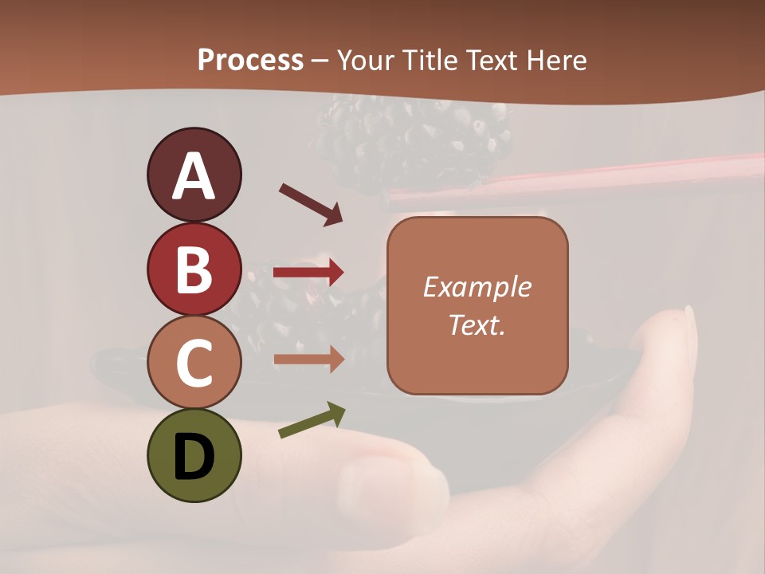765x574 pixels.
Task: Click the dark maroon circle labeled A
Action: point(194,175)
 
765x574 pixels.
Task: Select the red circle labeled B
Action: point(194,269)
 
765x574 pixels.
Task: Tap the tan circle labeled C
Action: point(194,362)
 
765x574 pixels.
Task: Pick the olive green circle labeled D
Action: point(194,455)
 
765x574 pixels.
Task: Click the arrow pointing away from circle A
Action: point(311,204)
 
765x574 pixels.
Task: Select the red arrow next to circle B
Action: point(308,273)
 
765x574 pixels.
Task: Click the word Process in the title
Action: point(250,60)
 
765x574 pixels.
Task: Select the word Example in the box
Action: point(477,287)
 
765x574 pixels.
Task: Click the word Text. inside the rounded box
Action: point(477,324)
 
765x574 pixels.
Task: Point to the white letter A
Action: point(194,176)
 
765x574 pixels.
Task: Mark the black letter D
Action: point(194,457)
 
